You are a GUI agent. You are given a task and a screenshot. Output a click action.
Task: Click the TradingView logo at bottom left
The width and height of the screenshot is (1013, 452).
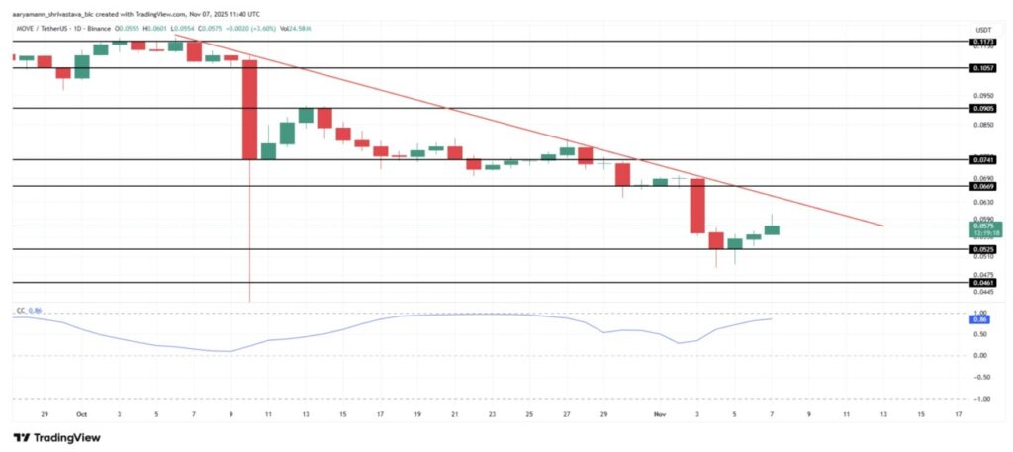(56, 437)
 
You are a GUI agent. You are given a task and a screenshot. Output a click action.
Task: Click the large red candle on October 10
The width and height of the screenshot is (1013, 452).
(249, 109)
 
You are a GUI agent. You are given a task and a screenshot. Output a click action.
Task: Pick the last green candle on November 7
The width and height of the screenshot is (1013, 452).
(772, 229)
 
